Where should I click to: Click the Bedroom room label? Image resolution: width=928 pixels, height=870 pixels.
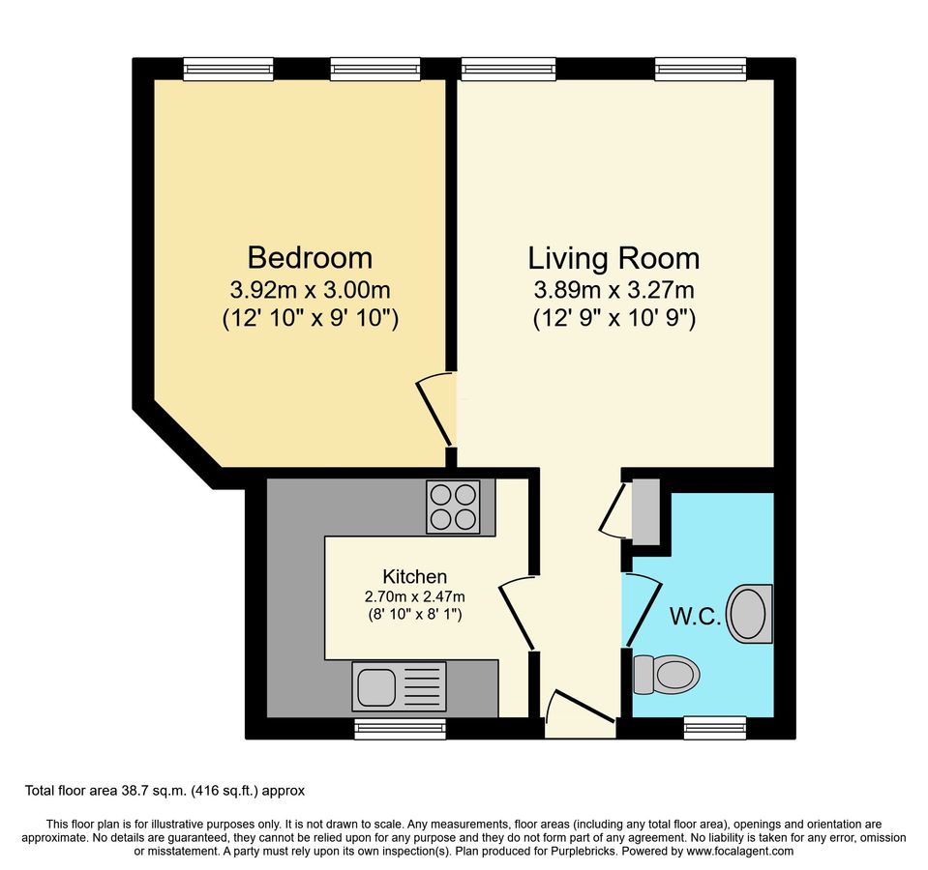point(310,258)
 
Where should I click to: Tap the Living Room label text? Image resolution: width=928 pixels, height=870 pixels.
point(614,258)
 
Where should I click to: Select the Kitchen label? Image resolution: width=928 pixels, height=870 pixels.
point(414,576)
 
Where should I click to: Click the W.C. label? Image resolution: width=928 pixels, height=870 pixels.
point(695,616)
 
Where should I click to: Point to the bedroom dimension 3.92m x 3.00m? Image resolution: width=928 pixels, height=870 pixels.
point(310,290)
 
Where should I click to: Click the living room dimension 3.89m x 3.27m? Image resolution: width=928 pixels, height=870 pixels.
point(614,290)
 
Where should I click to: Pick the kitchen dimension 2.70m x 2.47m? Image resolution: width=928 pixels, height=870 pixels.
point(414,595)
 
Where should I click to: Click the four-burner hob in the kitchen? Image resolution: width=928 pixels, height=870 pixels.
point(454,507)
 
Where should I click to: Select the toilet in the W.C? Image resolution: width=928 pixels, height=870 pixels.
point(666,674)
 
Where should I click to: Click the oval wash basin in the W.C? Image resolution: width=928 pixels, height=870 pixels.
point(750,614)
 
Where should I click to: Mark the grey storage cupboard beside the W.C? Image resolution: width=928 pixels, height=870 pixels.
point(644,509)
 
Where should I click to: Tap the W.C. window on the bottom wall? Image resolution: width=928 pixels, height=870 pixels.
point(715,728)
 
